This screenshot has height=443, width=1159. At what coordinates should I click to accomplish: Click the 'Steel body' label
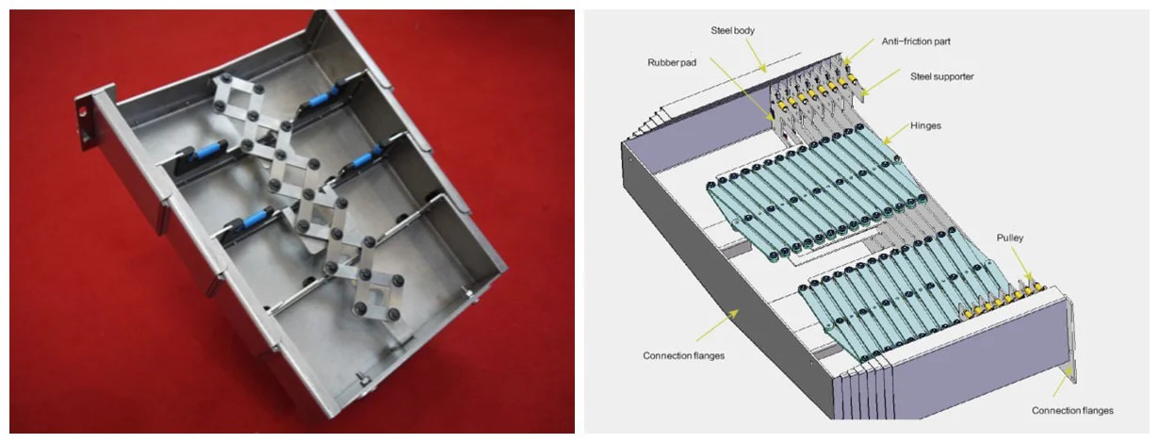click(732, 31)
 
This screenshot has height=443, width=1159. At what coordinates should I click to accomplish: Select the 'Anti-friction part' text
click(918, 41)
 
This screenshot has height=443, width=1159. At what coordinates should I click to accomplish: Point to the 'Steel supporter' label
click(942, 75)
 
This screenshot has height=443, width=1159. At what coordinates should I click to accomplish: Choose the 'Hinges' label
click(926, 124)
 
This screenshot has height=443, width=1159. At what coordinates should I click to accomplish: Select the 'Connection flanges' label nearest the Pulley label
click(1072, 410)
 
